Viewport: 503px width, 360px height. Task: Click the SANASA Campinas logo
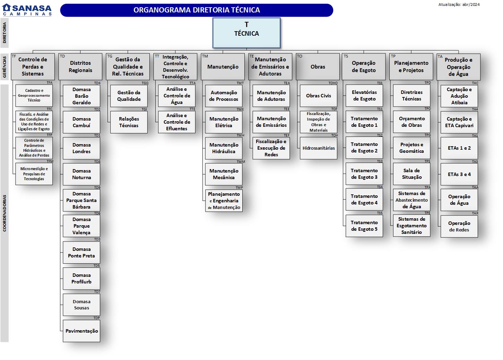[x=27, y=10]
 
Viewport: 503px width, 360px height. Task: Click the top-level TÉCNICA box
[x=246, y=33]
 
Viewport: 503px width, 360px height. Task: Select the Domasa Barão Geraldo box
[x=81, y=96]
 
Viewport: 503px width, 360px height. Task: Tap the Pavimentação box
[x=81, y=331]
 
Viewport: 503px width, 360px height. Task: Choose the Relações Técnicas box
[x=129, y=122]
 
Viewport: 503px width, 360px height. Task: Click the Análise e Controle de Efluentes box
[x=176, y=122]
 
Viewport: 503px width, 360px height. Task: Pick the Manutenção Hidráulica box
[x=224, y=148]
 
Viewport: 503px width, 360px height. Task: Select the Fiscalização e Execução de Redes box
[x=271, y=148]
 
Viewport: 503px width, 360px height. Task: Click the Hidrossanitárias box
[x=318, y=148]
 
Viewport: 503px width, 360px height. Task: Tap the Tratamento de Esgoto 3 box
[x=364, y=174]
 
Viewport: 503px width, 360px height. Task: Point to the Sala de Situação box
[x=411, y=174]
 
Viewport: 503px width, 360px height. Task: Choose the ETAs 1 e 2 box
[x=459, y=148]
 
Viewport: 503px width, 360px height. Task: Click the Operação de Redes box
[x=459, y=227]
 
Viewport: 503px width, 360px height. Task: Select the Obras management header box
[x=318, y=67]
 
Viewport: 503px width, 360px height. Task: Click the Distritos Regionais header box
[x=80, y=67]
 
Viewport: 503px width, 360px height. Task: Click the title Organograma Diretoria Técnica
[x=197, y=10]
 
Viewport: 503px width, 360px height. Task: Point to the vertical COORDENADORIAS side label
[x=5, y=213]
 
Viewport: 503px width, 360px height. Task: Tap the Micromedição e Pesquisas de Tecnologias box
[x=34, y=174]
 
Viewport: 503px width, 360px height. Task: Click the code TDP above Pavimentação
[x=96, y=318]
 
